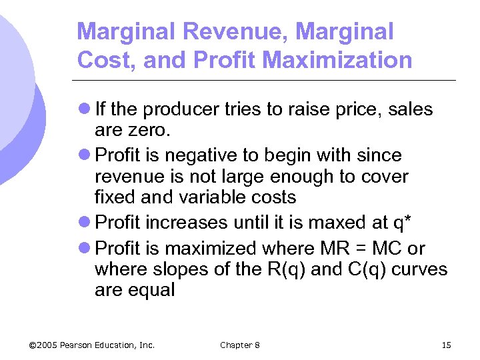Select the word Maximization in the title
(337, 60)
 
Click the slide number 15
(446, 345)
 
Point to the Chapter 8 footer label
(240, 345)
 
